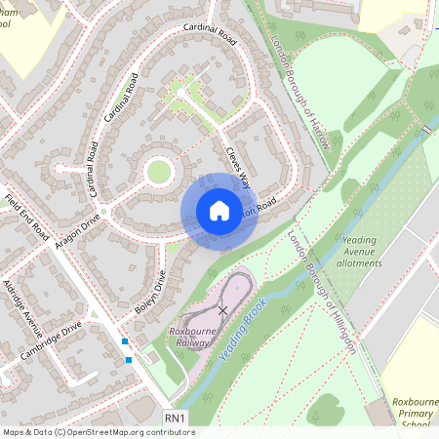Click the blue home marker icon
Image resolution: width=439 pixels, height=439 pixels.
click(219, 211)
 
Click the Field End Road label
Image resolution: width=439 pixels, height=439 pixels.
click(26, 218)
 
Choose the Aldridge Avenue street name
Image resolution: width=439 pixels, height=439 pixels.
click(21, 303)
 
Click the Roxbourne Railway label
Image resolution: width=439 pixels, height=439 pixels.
click(199, 337)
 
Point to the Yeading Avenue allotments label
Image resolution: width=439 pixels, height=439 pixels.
click(378, 255)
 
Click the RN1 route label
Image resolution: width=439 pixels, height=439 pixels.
click(175, 418)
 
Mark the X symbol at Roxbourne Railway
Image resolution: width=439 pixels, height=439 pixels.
click(223, 310)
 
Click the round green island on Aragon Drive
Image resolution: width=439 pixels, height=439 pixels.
click(158, 173)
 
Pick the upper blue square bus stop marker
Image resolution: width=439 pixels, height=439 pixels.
click(125, 341)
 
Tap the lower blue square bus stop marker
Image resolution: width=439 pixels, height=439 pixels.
click(129, 359)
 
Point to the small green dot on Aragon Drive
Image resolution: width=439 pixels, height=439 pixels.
click(103, 210)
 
